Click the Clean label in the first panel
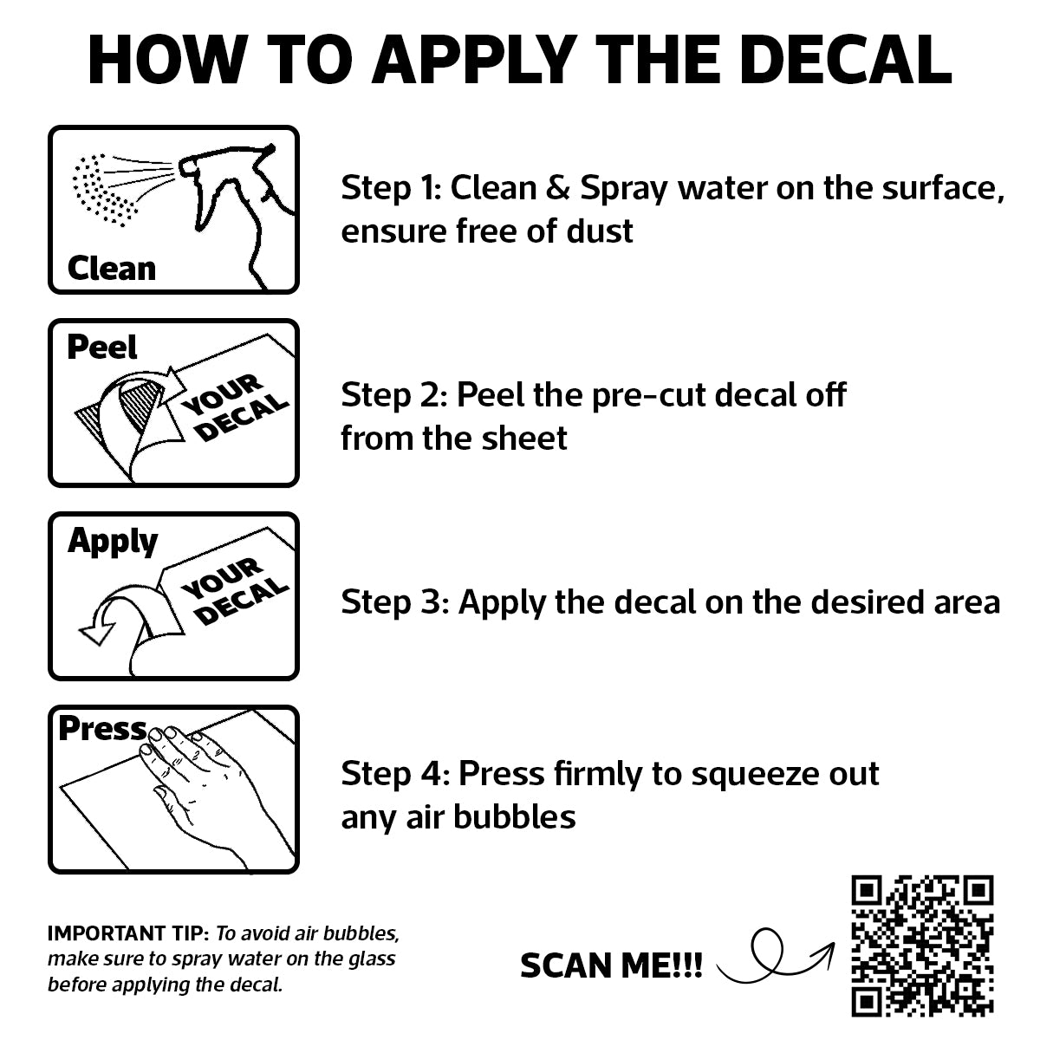[112, 268]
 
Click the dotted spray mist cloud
[105, 190]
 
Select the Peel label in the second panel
[102, 347]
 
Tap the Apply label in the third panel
[113, 542]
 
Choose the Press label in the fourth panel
[102, 728]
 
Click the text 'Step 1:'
[391, 188]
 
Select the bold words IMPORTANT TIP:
[128, 933]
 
